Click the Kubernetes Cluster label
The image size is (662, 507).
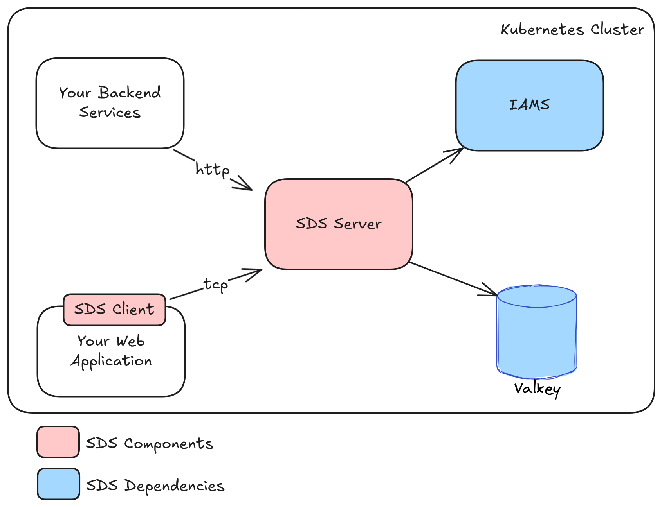point(572,30)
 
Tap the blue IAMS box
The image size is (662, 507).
point(529,106)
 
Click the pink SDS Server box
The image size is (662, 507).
point(339,224)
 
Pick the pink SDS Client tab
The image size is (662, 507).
point(114,310)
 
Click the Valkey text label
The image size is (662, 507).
point(537,389)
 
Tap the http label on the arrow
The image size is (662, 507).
point(212,170)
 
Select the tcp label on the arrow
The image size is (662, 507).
point(216,284)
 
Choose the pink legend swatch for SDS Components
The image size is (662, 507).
point(58,442)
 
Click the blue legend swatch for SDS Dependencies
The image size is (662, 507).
point(59,484)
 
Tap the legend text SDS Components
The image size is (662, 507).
point(150,444)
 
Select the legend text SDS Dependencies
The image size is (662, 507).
point(155,486)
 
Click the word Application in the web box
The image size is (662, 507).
point(111,361)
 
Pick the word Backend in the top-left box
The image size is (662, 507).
point(130,93)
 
